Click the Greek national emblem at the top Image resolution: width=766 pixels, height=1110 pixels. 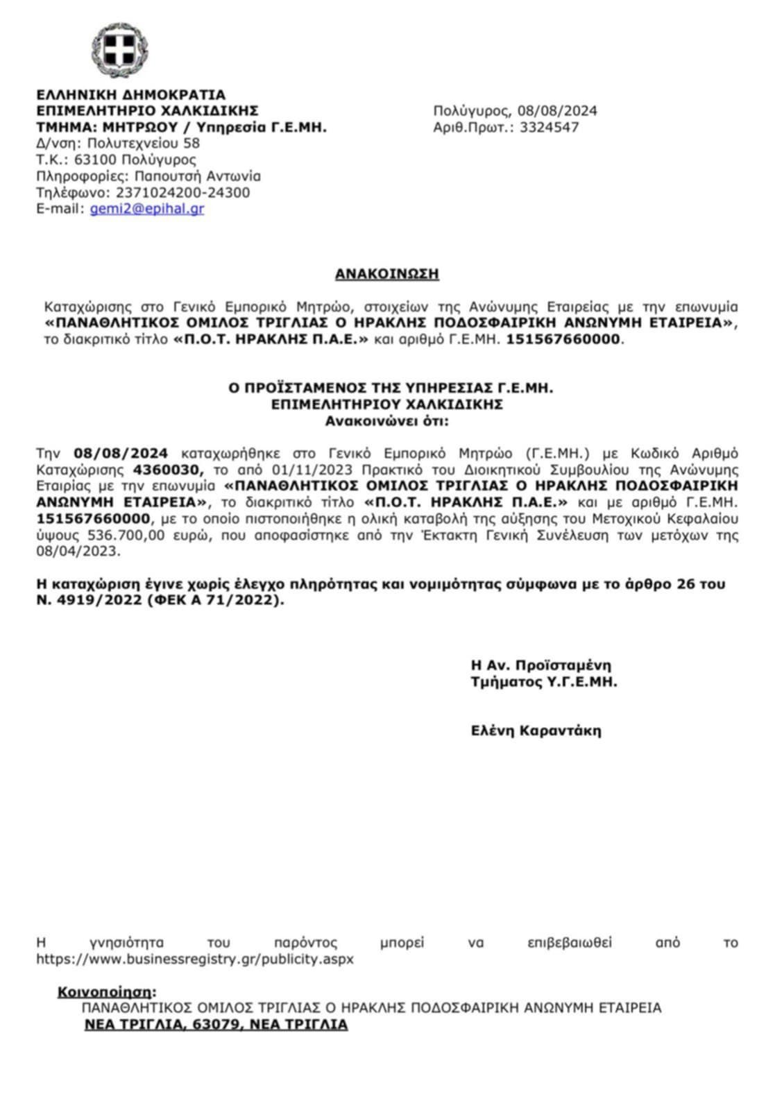(x=119, y=50)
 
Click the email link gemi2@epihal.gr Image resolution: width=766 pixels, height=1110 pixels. (x=147, y=208)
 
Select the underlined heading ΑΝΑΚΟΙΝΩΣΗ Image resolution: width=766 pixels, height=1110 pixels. (x=386, y=274)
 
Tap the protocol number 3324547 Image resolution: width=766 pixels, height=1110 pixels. (x=549, y=127)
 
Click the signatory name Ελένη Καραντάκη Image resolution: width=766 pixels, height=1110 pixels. (x=536, y=731)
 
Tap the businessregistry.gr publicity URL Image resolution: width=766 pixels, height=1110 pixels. (x=195, y=959)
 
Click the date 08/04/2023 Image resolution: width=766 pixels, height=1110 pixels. (x=78, y=552)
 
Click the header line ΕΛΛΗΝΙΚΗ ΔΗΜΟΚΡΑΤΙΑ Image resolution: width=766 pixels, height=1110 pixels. (x=130, y=94)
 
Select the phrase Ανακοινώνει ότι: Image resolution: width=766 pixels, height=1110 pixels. (x=386, y=420)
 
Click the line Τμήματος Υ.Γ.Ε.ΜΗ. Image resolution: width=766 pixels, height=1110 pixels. (x=543, y=681)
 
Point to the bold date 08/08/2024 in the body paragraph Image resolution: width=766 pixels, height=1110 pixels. (x=121, y=454)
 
